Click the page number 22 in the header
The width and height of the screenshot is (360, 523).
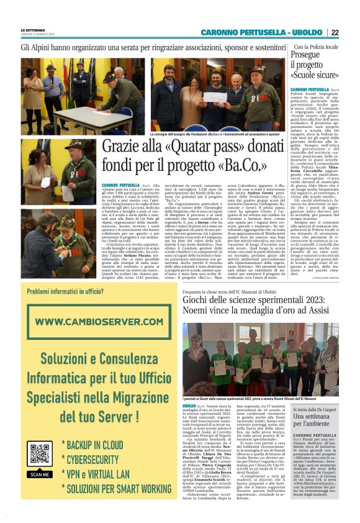(x=351, y=32)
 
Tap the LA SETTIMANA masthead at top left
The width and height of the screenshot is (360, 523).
(x=33, y=30)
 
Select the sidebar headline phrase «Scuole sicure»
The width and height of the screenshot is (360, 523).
(x=315, y=75)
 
